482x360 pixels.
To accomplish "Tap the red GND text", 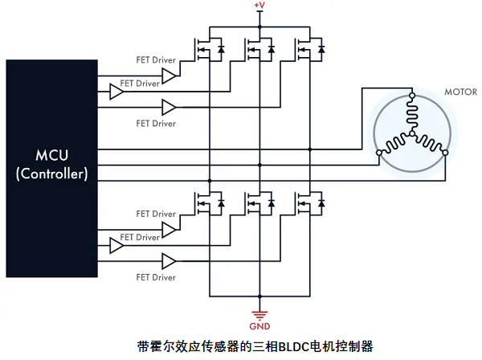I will pyautogui.click(x=259, y=326).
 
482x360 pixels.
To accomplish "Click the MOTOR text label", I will pyautogui.click(x=460, y=92).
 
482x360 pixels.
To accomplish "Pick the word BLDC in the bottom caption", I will pyautogui.click(x=296, y=347).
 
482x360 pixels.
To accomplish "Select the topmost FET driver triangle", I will pyautogui.click(x=170, y=76).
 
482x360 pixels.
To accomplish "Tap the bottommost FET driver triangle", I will pyautogui.click(x=170, y=261).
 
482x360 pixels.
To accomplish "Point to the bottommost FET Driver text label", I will pyautogui.click(x=155, y=277).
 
